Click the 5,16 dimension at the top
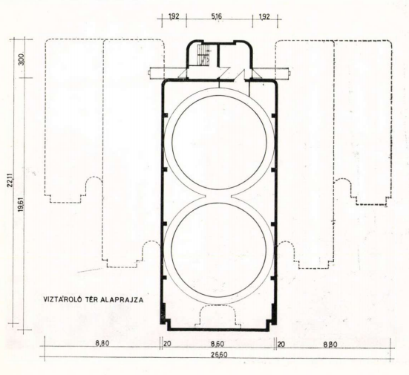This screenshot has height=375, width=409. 217,16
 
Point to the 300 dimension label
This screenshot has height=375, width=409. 22,59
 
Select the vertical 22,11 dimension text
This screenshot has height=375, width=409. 11,180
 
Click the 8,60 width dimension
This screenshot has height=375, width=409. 217,344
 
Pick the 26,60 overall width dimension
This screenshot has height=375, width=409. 220,355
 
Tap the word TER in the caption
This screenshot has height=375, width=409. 91,299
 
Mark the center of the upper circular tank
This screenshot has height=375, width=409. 219,143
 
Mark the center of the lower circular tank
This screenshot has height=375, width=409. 219,250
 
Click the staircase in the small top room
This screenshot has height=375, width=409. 203,55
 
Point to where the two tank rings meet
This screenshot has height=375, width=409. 219,196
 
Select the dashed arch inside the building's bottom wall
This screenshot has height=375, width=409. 218,306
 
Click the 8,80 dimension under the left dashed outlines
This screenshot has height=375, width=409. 102,343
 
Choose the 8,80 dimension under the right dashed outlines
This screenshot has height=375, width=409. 330,345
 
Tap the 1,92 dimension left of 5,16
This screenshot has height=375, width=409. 174,16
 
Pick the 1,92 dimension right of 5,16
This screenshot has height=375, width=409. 264,16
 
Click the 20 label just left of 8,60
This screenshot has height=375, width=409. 167,344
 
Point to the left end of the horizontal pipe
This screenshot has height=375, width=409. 149,73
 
